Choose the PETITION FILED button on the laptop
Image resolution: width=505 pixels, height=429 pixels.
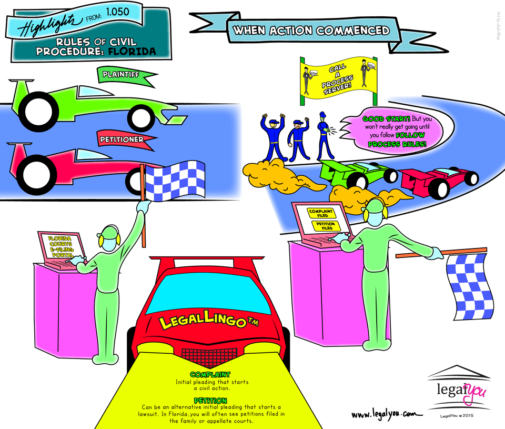click(x=326, y=226)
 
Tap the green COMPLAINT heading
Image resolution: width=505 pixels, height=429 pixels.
click(x=210, y=374)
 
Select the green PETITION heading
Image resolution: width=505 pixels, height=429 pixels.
click(x=210, y=401)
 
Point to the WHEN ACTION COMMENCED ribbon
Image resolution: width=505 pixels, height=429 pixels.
click(x=312, y=30)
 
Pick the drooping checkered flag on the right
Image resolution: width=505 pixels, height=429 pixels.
click(x=468, y=284)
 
